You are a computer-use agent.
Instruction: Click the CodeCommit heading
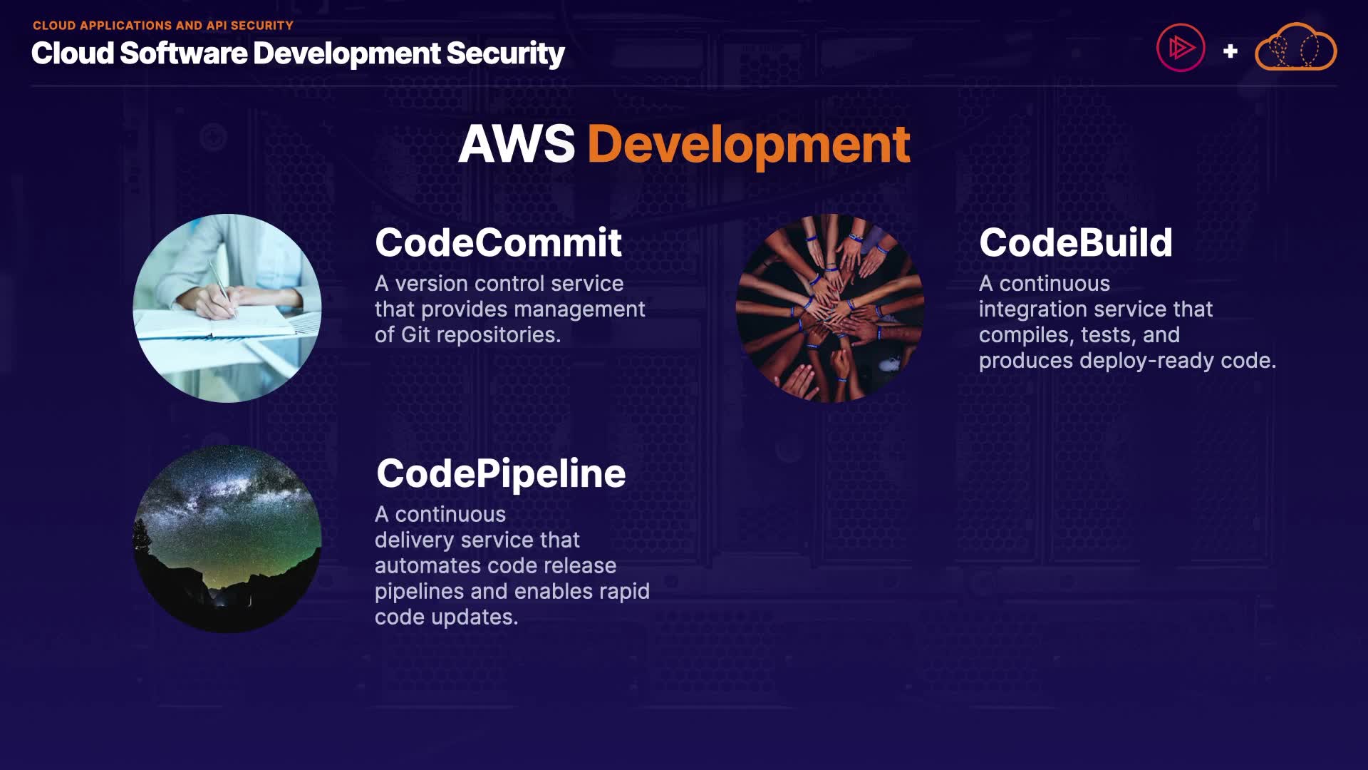point(498,243)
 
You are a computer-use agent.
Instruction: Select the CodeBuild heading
point(1075,243)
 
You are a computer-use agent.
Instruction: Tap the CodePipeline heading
point(501,474)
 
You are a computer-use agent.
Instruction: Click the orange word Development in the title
point(748,145)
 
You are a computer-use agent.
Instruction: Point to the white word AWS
point(517,145)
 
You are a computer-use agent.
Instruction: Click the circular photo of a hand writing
point(227,308)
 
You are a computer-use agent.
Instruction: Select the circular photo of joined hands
point(830,308)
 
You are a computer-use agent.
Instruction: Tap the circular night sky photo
point(227,539)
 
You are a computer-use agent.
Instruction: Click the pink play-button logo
point(1181,48)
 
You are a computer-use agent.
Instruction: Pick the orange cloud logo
point(1295,48)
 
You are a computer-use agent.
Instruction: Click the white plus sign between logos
point(1230,51)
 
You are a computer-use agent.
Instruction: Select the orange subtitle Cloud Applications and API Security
point(162,26)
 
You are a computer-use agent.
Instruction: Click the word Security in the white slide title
point(505,54)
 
